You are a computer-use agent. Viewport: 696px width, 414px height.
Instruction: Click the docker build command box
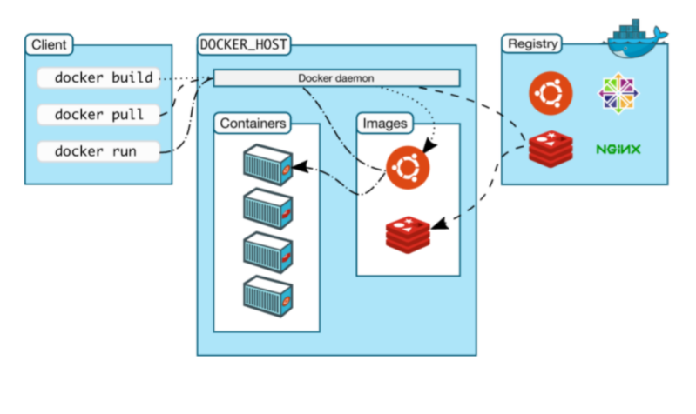98,77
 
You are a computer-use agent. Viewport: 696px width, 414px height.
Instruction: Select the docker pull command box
98,114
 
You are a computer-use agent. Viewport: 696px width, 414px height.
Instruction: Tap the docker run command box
98,150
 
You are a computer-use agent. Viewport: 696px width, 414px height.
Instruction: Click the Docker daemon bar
336,78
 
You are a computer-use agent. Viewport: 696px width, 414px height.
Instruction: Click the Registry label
532,43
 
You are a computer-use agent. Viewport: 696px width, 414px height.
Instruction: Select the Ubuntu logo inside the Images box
408,168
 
